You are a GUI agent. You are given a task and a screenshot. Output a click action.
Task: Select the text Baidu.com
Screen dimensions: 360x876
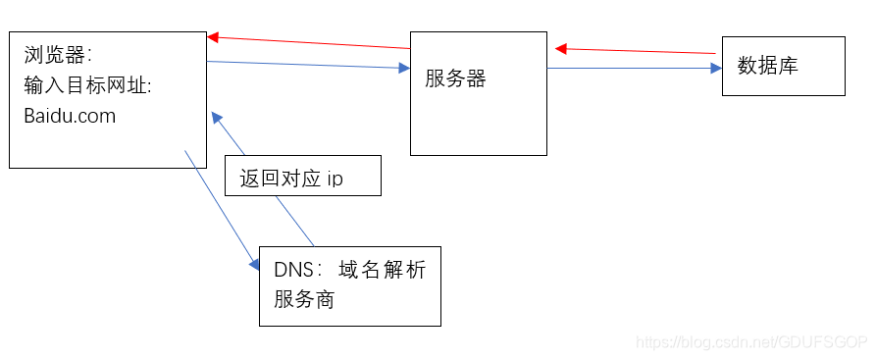pyautogui.click(x=70, y=116)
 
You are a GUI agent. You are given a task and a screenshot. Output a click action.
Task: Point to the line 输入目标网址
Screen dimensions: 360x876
pyautogui.click(x=87, y=85)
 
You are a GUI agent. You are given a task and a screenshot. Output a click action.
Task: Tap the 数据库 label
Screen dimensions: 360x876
pyautogui.click(x=768, y=66)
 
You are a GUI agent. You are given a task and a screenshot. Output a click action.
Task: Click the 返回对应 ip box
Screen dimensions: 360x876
pyautogui.click(x=302, y=176)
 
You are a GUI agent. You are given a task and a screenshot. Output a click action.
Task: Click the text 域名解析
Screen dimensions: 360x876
pyautogui.click(x=383, y=271)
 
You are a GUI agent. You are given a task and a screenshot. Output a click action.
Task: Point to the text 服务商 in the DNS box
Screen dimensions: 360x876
pyautogui.click(x=304, y=299)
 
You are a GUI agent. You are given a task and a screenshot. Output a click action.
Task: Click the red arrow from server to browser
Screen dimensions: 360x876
pyautogui.click(x=309, y=42)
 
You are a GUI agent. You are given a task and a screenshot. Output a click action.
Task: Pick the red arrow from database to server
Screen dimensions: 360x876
pyautogui.click(x=638, y=50)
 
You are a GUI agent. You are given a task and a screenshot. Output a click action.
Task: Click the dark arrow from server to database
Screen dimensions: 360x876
pyautogui.click(x=628, y=69)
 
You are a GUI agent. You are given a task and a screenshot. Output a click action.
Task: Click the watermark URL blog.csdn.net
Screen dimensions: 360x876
pyautogui.click(x=751, y=342)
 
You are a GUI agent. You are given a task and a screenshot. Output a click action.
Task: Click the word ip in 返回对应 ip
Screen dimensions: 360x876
pyautogui.click(x=335, y=180)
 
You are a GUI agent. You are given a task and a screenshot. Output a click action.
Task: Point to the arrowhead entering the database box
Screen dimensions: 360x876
pyautogui.click(x=716, y=69)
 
